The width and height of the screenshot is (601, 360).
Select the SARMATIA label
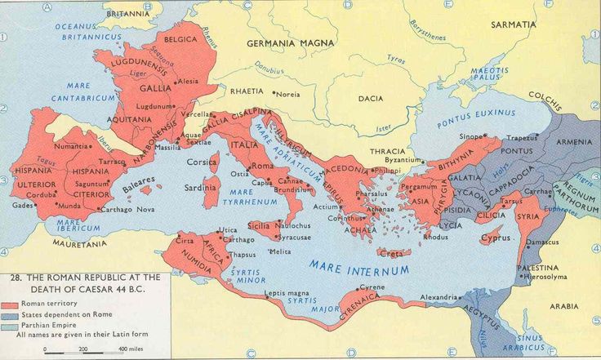[x=513, y=24]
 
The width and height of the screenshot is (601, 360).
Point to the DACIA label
[x=370, y=99]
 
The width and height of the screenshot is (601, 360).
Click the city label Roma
[x=262, y=166]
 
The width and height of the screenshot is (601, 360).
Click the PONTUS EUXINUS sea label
[x=476, y=114]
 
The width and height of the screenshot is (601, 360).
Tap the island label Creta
[x=389, y=253]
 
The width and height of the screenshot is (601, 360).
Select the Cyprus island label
[x=496, y=238]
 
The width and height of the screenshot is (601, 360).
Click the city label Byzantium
[x=403, y=160]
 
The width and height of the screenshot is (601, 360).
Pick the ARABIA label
[x=563, y=306]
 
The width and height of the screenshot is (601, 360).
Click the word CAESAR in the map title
[x=109, y=288]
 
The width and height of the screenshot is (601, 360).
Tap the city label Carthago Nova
[x=129, y=210]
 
